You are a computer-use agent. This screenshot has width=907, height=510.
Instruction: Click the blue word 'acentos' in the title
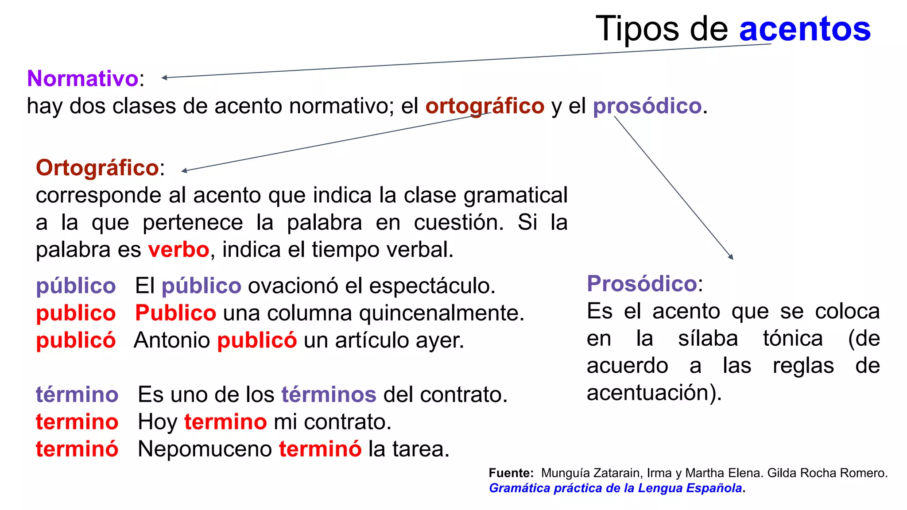(805, 29)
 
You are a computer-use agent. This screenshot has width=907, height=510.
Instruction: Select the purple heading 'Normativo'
(83, 78)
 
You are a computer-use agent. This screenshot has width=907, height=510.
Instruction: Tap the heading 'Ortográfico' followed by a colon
(97, 168)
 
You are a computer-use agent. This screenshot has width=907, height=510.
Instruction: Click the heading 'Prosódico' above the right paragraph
(642, 283)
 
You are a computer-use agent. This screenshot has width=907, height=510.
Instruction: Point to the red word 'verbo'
(178, 250)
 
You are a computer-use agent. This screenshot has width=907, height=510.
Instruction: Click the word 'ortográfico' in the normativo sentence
(485, 106)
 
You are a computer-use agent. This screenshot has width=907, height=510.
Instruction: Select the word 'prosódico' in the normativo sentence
(647, 106)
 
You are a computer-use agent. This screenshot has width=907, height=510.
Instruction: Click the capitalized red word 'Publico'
(175, 313)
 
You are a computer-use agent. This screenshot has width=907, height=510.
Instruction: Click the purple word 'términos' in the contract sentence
(329, 394)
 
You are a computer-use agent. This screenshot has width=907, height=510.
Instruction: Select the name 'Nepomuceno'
(205, 449)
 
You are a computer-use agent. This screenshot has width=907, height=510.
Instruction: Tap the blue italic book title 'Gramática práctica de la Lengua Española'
(615, 488)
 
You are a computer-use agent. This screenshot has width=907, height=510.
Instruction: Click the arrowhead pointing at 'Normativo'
(164, 78)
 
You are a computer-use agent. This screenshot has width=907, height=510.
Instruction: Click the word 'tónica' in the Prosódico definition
(793, 339)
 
